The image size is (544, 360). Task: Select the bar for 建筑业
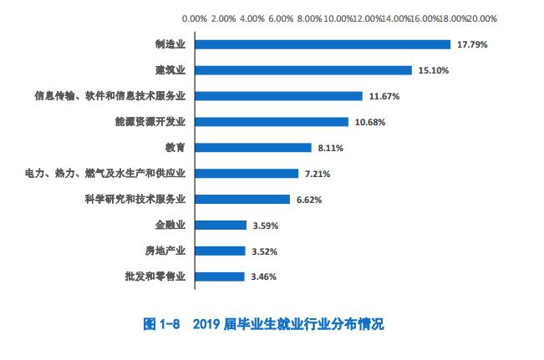pyautogui.click(x=303, y=70)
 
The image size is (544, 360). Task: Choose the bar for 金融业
pyautogui.click(x=220, y=225)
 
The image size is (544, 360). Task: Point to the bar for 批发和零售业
pyautogui.click(x=220, y=276)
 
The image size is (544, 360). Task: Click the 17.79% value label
pyautogui.click(x=472, y=44)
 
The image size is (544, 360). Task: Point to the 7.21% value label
pyautogui.click(x=316, y=174)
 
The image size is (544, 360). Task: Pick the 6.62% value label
pyautogui.click(x=308, y=200)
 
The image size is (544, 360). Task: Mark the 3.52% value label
pyautogui.click(x=263, y=251)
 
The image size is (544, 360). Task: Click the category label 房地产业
pyautogui.click(x=165, y=251)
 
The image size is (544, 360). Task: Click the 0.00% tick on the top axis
pyautogui.click(x=194, y=18)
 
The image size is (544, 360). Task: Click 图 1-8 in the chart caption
pyautogui.click(x=165, y=324)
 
